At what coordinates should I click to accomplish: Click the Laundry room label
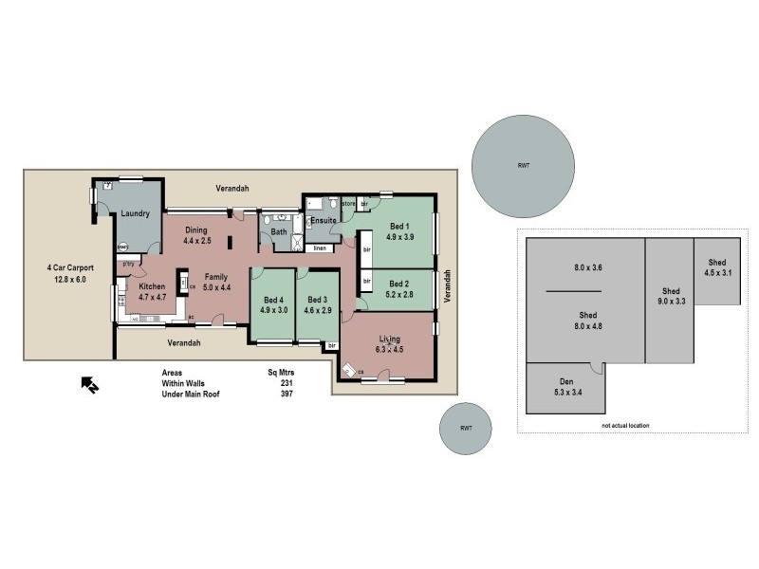[135, 213]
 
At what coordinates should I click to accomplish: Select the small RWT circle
[466, 428]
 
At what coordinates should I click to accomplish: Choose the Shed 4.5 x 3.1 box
[716, 268]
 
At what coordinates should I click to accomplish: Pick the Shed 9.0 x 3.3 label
[671, 296]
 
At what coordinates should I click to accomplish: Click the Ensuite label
[324, 221]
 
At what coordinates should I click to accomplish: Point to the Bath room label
[279, 230]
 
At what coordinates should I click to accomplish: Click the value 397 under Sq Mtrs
[287, 394]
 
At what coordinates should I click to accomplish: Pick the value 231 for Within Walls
[287, 383]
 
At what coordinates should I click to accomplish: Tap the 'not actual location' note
[626, 426]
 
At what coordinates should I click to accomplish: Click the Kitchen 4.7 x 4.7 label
[152, 291]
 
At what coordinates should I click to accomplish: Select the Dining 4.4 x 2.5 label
[196, 234]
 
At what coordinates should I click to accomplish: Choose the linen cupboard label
[320, 248]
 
